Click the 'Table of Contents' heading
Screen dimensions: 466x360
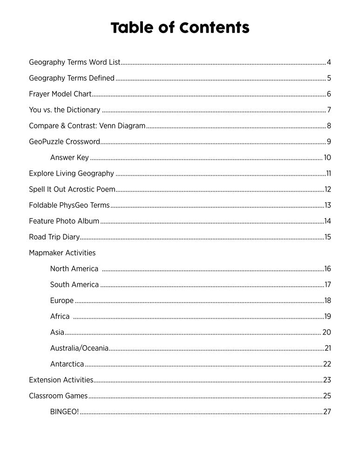[180, 28]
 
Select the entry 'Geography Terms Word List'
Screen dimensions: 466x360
[75, 62]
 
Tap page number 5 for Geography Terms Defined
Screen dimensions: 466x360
[329, 78]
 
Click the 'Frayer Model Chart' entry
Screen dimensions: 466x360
[60, 94]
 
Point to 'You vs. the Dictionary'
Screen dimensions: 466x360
[64, 110]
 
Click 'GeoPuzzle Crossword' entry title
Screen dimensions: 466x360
[64, 142]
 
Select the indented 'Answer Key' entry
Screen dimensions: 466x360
[69, 158]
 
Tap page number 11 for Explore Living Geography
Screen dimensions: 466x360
[328, 174]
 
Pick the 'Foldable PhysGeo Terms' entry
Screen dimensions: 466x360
[69, 206]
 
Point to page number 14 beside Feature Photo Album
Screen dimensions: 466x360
[327, 221]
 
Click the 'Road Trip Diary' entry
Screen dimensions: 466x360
[54, 237]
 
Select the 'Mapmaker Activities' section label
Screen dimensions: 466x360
[62, 253]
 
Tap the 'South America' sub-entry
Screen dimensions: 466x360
[75, 285]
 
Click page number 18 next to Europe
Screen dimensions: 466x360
[327, 301]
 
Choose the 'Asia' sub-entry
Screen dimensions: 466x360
[57, 332]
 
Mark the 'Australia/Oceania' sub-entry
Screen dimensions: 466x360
[79, 348]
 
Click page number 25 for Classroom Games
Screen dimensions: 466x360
[327, 396]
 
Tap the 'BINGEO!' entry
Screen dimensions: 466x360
[64, 412]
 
